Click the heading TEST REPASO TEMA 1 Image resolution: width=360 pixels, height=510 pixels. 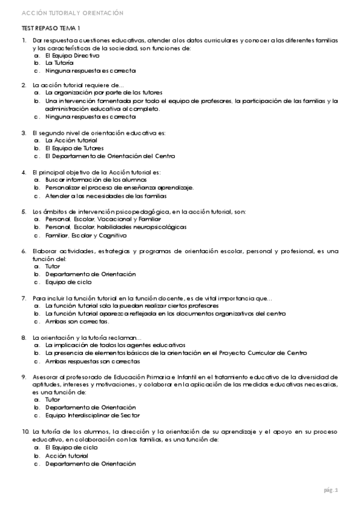click(50, 28)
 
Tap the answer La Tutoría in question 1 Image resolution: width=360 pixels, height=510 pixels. click(59, 63)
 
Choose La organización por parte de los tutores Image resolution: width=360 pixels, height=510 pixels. click(103, 93)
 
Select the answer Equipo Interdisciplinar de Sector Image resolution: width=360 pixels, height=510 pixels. click(92, 415)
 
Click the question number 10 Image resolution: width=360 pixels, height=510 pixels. click(25, 432)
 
